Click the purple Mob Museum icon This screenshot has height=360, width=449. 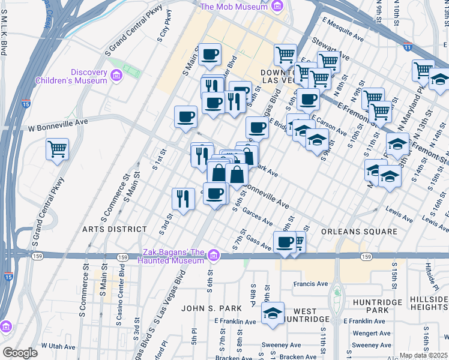[x=277, y=7]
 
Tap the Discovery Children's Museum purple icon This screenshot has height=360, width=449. [x=116, y=76]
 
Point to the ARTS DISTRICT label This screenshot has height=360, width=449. [x=115, y=229]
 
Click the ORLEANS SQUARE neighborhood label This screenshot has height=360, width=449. [x=359, y=232]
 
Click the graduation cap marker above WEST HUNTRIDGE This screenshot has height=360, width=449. [x=273, y=314]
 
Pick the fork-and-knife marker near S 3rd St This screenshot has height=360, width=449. [x=183, y=199]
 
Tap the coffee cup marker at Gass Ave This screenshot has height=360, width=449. [x=285, y=242]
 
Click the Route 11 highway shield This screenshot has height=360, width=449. [x=408, y=46]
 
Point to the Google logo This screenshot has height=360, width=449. [x=20, y=353]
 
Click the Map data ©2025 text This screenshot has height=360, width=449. [x=423, y=355]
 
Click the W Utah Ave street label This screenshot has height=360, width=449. [x=58, y=347]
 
